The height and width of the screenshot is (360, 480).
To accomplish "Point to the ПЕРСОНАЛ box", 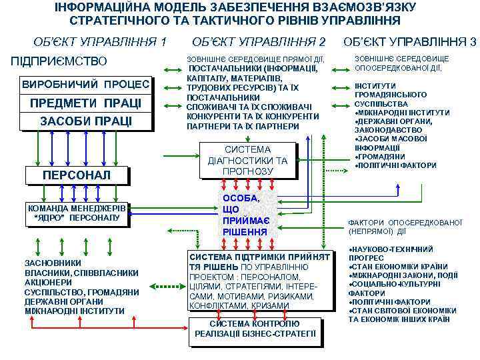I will pos(75,175).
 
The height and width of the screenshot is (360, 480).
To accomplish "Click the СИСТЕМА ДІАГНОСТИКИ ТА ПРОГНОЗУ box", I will pos(247,161).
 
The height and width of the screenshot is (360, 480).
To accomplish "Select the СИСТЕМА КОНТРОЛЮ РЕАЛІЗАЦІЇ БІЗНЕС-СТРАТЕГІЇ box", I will pos(255,329).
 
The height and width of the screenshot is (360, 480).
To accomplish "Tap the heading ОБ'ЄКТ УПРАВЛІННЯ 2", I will pos(259,41).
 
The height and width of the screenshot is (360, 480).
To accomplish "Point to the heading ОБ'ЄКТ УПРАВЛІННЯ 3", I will pos(409,41).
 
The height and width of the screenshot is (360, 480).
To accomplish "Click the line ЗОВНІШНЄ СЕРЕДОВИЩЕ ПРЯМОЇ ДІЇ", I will pos(255,59).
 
